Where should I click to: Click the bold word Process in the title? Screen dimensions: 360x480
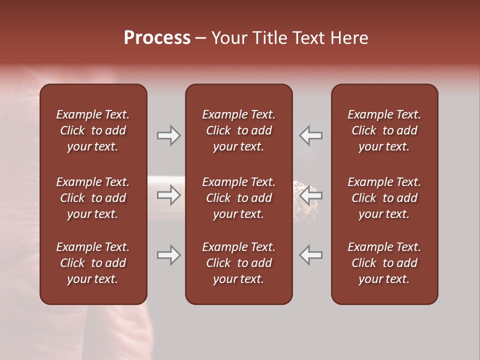coord(157,38)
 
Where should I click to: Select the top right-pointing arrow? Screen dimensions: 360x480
coord(168,135)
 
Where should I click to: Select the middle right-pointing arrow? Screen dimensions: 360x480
coord(168,195)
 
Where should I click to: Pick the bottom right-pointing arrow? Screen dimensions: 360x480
coord(168,255)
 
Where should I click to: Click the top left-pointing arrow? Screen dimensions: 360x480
coord(310,135)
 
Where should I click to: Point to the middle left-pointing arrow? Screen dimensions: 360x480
coord(310,195)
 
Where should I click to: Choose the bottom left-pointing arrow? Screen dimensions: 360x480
coord(310,255)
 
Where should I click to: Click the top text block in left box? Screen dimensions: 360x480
coord(93,130)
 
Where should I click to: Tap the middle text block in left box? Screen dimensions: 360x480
coord(93,198)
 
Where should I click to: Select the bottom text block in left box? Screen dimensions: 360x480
coord(93,263)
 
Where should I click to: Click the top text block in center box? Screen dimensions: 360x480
coord(238,130)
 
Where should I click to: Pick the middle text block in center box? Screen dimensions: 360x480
coord(238,198)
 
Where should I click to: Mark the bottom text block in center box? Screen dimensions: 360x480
coord(238,263)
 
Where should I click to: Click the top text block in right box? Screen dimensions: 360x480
coord(384,130)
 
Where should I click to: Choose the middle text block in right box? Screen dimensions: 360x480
coord(384,198)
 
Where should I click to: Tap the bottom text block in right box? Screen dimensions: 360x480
coord(384,263)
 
